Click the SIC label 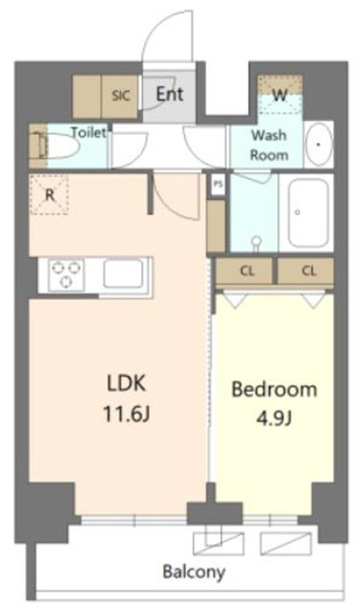click(x=121, y=96)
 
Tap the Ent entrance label click(x=170, y=94)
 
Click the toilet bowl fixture click(x=59, y=146)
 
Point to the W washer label click(x=279, y=95)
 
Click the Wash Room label click(x=270, y=145)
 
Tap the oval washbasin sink click(x=319, y=144)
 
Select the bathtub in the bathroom click(x=308, y=212)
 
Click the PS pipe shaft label click(x=218, y=184)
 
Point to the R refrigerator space click(x=49, y=195)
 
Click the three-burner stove click(x=65, y=275)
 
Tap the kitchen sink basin click(x=123, y=274)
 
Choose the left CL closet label click(x=247, y=271)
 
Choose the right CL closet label click(x=309, y=271)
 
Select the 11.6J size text click(x=126, y=414)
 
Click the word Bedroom click(x=274, y=389)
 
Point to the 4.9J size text click(x=274, y=419)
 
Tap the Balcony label click(x=194, y=572)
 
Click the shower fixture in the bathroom click(x=257, y=241)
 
